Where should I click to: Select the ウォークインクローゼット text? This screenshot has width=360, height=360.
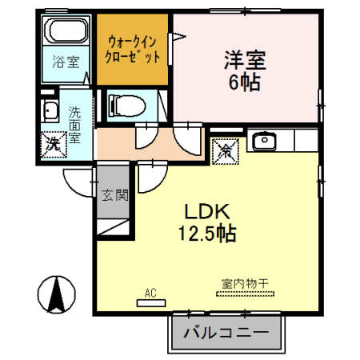tap(133, 49)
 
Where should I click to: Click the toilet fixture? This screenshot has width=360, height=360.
tap(127, 105)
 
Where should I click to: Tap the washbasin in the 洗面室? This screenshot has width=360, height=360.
tap(50, 111)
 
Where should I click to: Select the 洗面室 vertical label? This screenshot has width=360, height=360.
tap(74, 125)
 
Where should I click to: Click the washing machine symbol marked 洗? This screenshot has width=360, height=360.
tap(51, 143)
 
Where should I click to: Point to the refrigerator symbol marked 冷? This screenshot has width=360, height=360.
tap(225, 148)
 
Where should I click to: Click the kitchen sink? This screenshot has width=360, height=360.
tap(263, 143)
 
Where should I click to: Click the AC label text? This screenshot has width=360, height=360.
tap(150, 292)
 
